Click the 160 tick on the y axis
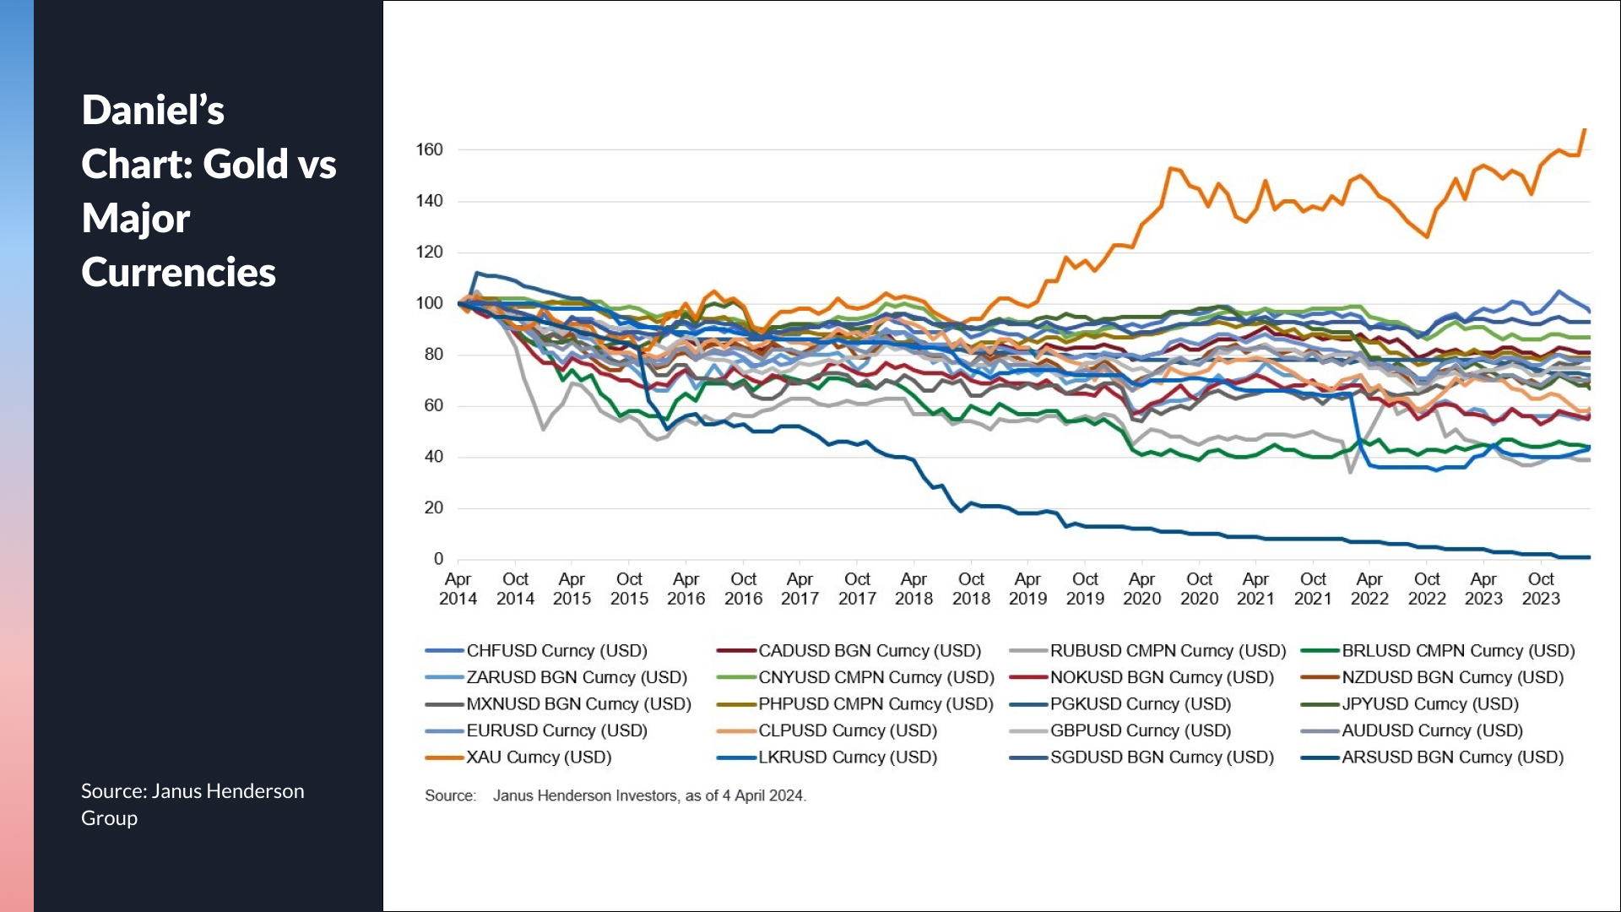tap(429, 150)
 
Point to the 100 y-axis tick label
tap(429, 303)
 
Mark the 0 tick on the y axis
tap(438, 559)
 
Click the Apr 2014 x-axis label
tap(458, 589)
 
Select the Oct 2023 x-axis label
tap(1541, 589)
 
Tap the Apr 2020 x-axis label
tap(1141, 589)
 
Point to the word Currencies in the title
tap(179, 273)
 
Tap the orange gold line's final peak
tap(1585, 130)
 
